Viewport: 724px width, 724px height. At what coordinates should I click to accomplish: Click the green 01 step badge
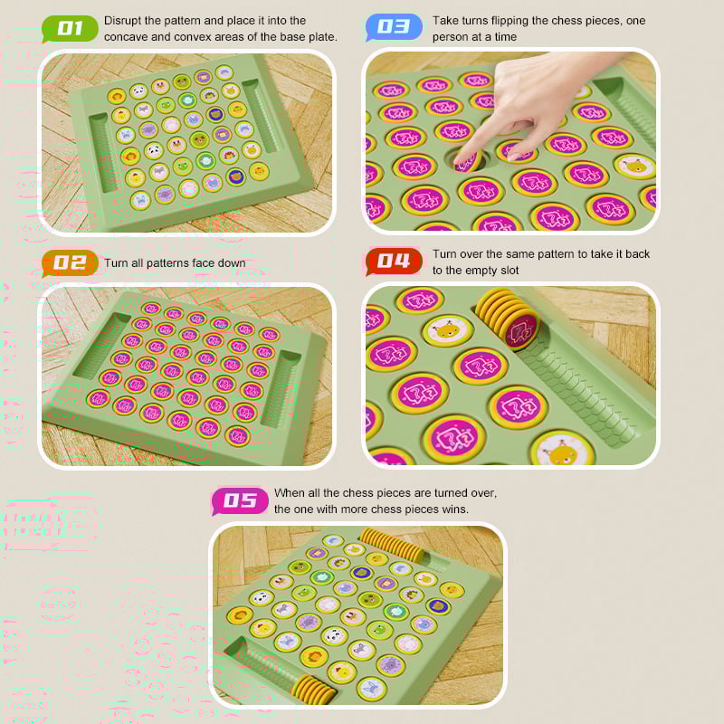pos(70,28)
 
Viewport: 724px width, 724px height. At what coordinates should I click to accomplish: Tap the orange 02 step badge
pos(70,263)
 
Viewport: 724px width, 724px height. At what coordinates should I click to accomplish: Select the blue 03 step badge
pos(394,26)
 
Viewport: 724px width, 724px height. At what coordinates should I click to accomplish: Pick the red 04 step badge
pos(394,261)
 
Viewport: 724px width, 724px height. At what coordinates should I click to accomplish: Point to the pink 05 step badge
pos(240,500)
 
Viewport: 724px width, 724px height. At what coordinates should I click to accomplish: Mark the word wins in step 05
pos(454,510)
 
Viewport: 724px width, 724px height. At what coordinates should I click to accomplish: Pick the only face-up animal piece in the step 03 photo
pos(634,166)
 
